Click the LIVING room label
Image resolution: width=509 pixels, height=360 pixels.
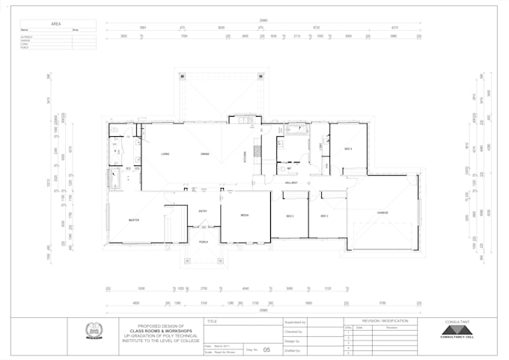pos(165,154)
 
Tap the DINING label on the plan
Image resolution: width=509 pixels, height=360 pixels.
pos(204,154)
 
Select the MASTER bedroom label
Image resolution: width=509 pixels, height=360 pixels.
pos(134,220)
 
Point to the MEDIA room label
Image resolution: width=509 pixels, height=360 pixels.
pos(244,216)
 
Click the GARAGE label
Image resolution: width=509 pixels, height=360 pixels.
pos(382,213)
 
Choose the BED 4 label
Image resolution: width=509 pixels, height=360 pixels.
pos(348,149)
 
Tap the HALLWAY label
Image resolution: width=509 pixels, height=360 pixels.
pos(291,183)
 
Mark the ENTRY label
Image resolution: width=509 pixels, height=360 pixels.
pos(203,212)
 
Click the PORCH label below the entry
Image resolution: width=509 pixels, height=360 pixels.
pos(203,242)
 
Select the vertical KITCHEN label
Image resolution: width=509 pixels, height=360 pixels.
pos(244,156)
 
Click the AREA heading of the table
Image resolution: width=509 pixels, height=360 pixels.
pos(56,24)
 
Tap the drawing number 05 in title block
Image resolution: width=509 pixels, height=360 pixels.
pos(266,349)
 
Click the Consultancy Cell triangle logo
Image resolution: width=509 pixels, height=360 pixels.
pos(458,330)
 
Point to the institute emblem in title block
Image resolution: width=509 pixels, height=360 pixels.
pos(94,331)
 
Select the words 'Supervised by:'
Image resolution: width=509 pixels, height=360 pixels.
pos(296,322)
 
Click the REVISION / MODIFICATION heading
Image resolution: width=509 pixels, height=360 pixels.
pos(385,321)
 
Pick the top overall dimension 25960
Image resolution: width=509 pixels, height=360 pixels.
pos(263,20)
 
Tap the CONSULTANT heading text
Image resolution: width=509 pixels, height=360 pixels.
pos(457,321)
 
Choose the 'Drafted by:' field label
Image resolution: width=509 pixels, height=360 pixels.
pos(293,350)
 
